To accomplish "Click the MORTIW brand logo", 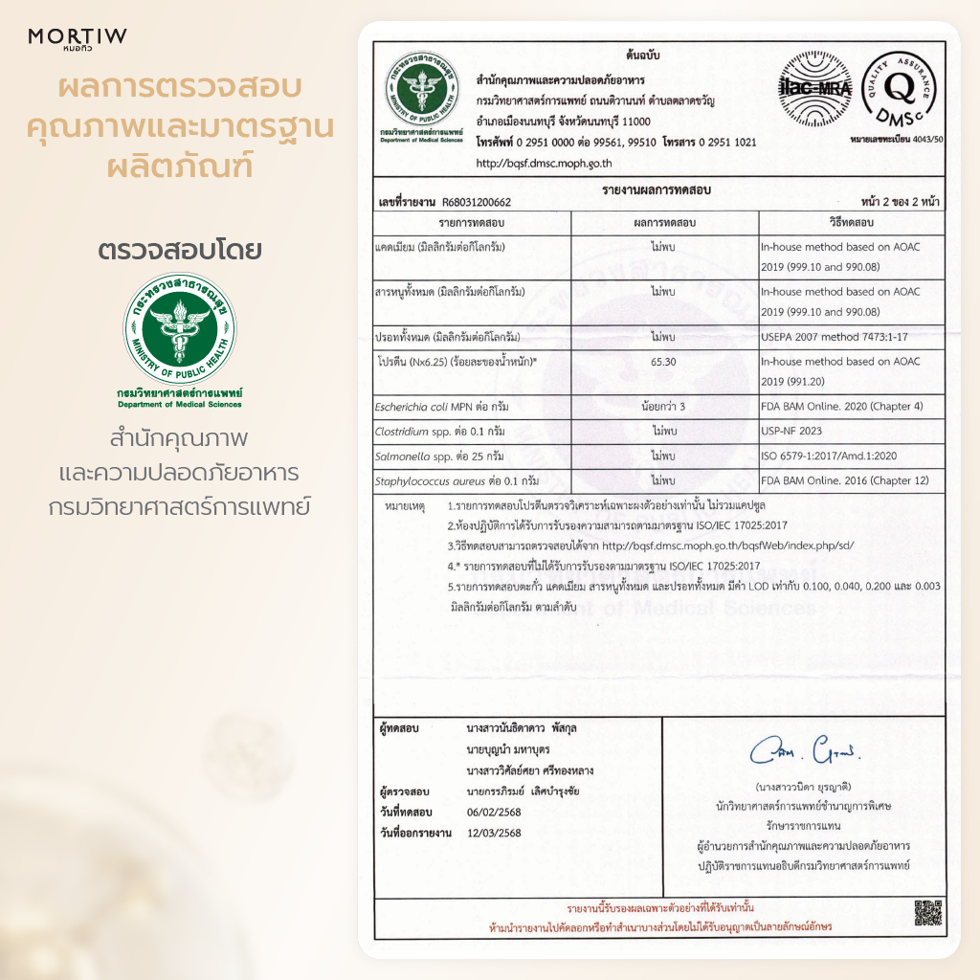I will tap(78, 37).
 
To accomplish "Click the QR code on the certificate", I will tap(927, 913).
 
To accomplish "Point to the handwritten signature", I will tap(806, 750).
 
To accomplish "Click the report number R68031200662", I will tap(476, 203).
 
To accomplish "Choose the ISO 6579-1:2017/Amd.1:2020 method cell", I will tap(828, 456).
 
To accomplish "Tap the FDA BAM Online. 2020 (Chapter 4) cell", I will tap(828, 407).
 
